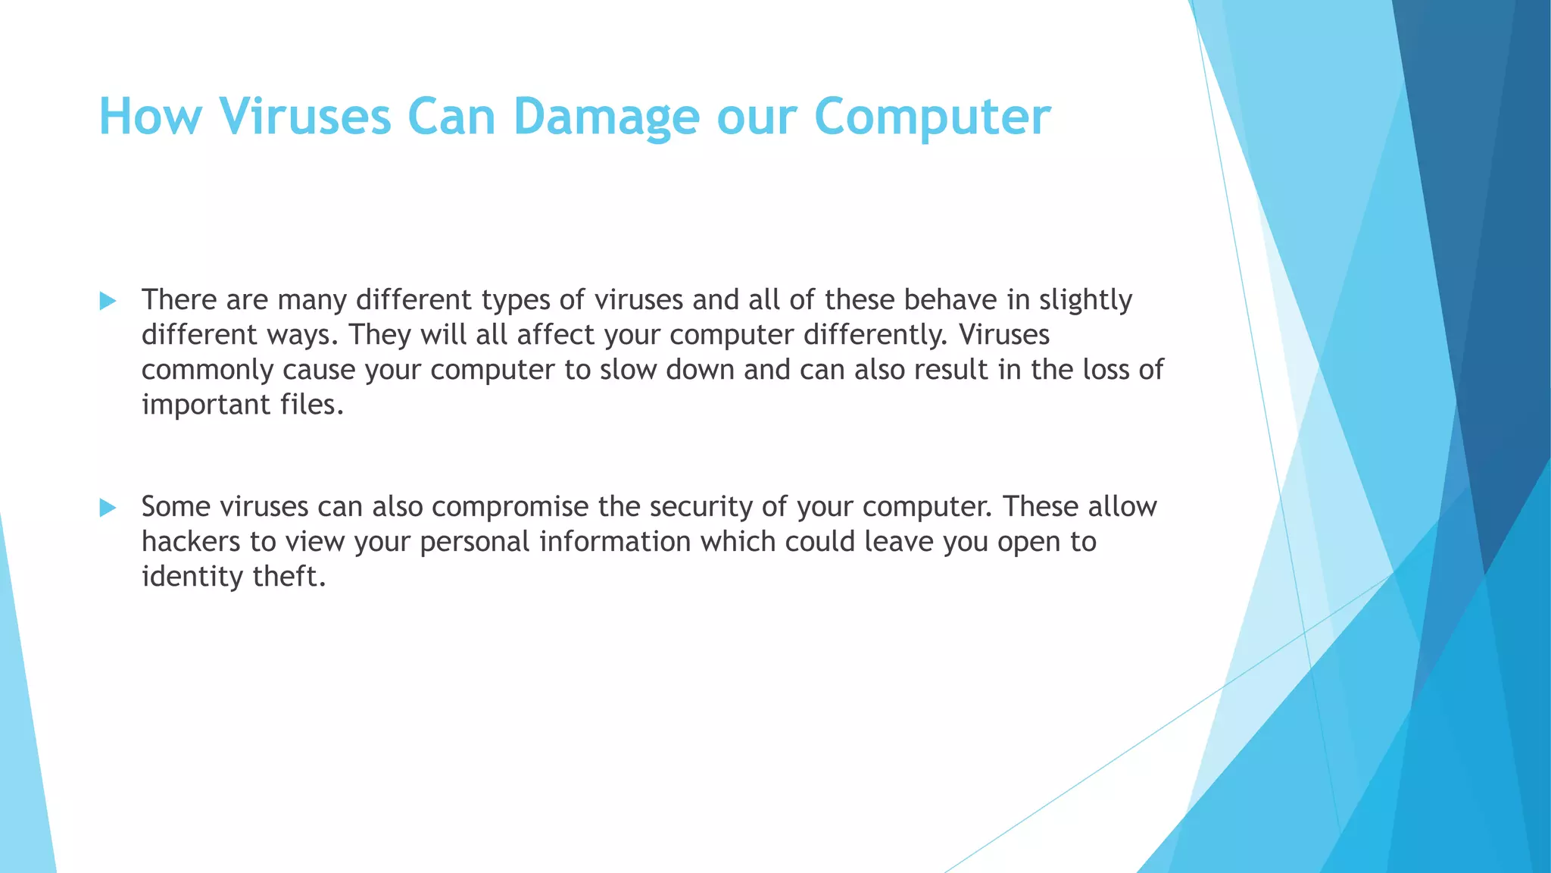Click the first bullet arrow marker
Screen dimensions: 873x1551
pyautogui.click(x=108, y=301)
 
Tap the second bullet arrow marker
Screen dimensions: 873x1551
pyautogui.click(x=108, y=508)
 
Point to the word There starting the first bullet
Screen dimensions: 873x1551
pyautogui.click(x=179, y=300)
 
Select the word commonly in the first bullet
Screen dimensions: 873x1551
pyautogui.click(x=207, y=370)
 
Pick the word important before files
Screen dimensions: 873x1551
pyautogui.click(x=206, y=405)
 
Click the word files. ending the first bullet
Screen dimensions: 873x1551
pyautogui.click(x=311, y=405)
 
